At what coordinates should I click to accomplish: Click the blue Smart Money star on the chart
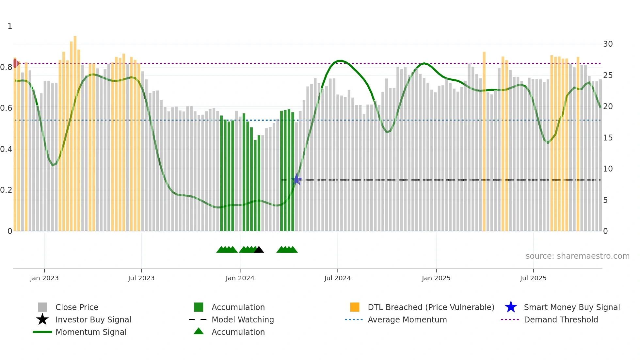(x=296, y=179)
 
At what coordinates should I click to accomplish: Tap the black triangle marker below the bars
(x=259, y=250)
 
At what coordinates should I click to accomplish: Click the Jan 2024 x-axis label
(x=240, y=278)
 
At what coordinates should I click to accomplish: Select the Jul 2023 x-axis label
(x=141, y=278)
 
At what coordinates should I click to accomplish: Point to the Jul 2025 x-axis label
(x=533, y=278)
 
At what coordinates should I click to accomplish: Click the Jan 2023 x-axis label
(x=44, y=278)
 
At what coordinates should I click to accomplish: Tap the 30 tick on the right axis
(x=608, y=44)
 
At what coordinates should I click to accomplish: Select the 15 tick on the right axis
(x=608, y=138)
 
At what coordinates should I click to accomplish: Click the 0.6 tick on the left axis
(x=6, y=108)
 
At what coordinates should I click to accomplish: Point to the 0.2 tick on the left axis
(x=6, y=190)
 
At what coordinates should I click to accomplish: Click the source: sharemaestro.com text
(x=577, y=256)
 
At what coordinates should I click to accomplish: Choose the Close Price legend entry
(x=77, y=307)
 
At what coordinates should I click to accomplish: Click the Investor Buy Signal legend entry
(x=93, y=319)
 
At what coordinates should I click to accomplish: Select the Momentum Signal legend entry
(x=91, y=332)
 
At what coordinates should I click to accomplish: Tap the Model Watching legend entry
(x=243, y=319)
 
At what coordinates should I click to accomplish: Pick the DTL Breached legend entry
(x=431, y=307)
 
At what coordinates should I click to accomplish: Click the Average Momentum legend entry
(x=407, y=319)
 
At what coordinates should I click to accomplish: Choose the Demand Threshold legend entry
(x=561, y=319)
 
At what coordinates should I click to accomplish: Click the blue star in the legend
(x=511, y=307)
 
